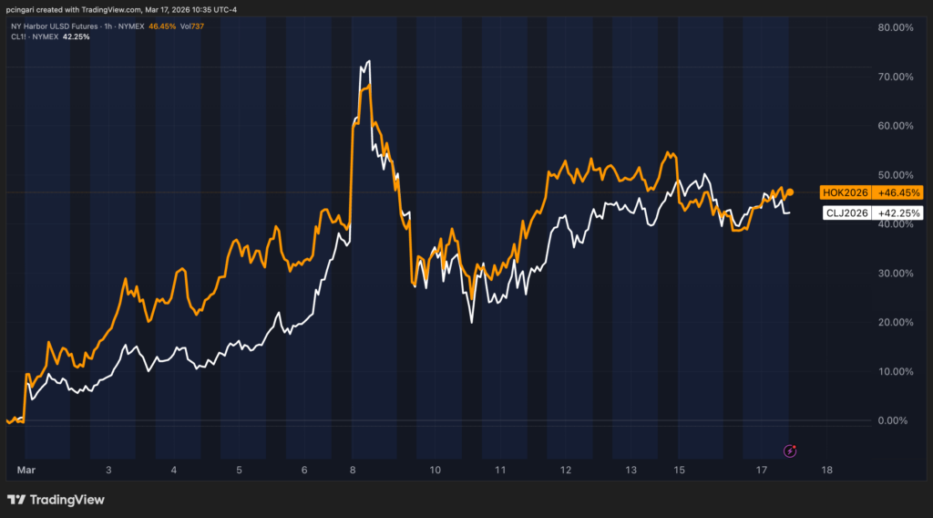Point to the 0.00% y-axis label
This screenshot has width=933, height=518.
pyautogui.click(x=896, y=420)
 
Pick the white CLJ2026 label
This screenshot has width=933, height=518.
pyautogui.click(x=847, y=213)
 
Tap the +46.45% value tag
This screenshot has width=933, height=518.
pyautogui.click(x=897, y=192)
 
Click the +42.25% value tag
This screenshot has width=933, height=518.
pyautogui.click(x=897, y=213)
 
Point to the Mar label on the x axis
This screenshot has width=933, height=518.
pyautogui.click(x=26, y=470)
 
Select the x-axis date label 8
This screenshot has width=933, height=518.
pyautogui.click(x=354, y=470)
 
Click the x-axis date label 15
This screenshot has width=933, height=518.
pyautogui.click(x=679, y=470)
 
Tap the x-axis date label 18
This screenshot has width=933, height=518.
pyautogui.click(x=826, y=470)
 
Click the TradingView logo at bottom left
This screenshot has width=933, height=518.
pyautogui.click(x=56, y=500)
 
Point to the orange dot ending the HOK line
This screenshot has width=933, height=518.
pyautogui.click(x=790, y=192)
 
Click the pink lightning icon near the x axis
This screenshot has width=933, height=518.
pyautogui.click(x=791, y=451)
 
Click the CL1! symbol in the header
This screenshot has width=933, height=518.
pyautogui.click(x=18, y=36)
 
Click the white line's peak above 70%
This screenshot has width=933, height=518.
pyautogui.click(x=369, y=61)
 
